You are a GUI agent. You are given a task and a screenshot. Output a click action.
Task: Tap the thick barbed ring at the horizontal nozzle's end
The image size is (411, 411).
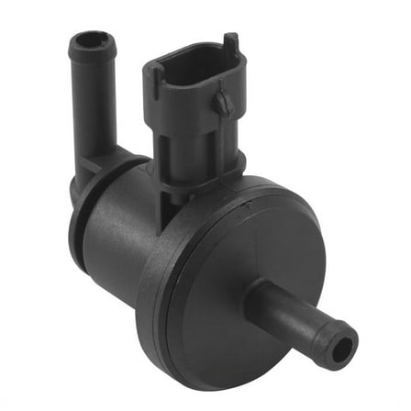337,342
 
